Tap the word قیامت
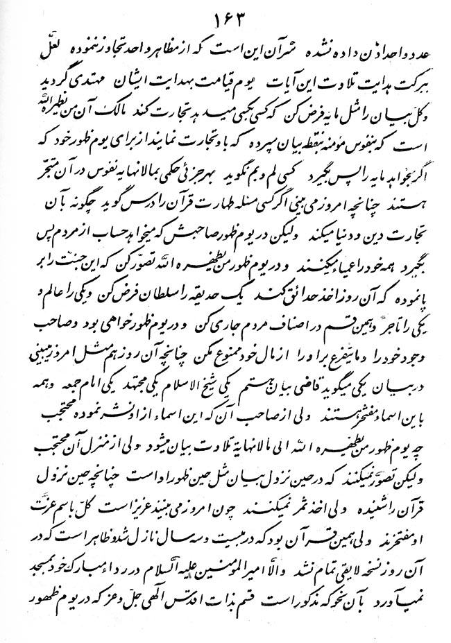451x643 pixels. tap(238, 81)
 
